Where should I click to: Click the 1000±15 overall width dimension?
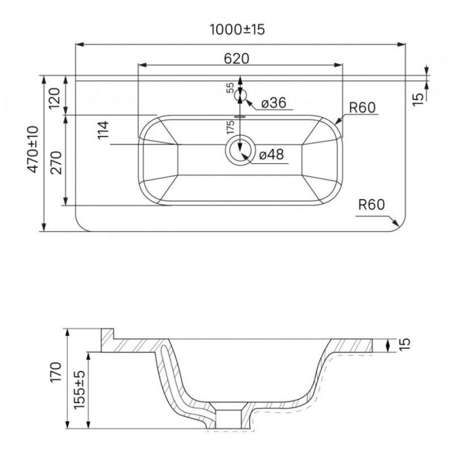pos(237,29)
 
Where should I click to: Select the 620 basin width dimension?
pos(236,59)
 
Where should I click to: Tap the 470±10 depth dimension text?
pos(33,149)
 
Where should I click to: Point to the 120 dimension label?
pos(55,97)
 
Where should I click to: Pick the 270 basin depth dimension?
pos(55,163)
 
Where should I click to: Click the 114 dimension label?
pos(104,130)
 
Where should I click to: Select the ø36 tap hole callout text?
pos(273,103)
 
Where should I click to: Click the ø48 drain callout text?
pos(272,154)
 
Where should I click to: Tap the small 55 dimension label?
pos(230,88)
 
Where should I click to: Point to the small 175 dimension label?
pos(230,127)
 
